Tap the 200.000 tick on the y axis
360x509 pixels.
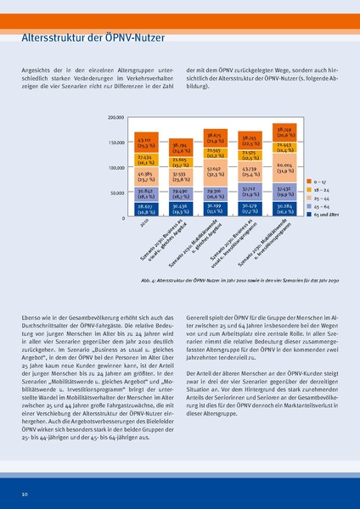click(x=116, y=116)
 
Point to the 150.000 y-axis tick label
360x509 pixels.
click(x=116, y=143)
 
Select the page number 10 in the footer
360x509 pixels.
click(x=25, y=493)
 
